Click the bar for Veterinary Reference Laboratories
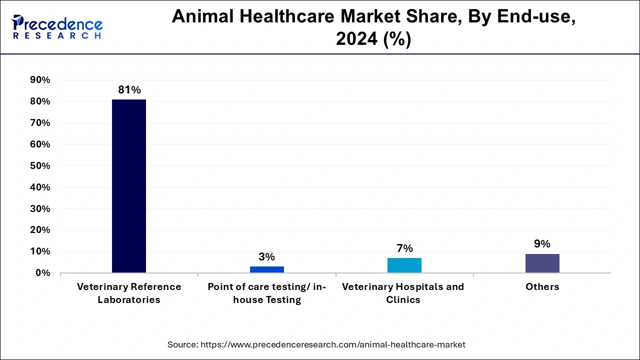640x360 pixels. [x=129, y=186]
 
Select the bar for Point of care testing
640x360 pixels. [x=266, y=269]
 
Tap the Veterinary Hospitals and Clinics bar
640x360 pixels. [x=404, y=265]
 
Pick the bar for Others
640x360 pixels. [x=542, y=263]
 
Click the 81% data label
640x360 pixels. [x=129, y=90]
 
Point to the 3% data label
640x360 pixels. [x=266, y=257]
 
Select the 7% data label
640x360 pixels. [x=404, y=248]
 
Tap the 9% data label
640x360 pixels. [x=542, y=244]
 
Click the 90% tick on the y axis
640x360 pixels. [x=40, y=80]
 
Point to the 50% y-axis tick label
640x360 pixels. [x=40, y=166]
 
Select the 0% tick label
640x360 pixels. [x=42, y=273]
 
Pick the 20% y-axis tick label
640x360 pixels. [x=40, y=230]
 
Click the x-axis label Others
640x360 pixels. [x=542, y=287]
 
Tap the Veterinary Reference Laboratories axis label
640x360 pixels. [x=129, y=293]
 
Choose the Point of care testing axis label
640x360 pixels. [x=266, y=293]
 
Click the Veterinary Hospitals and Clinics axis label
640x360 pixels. [x=403, y=293]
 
